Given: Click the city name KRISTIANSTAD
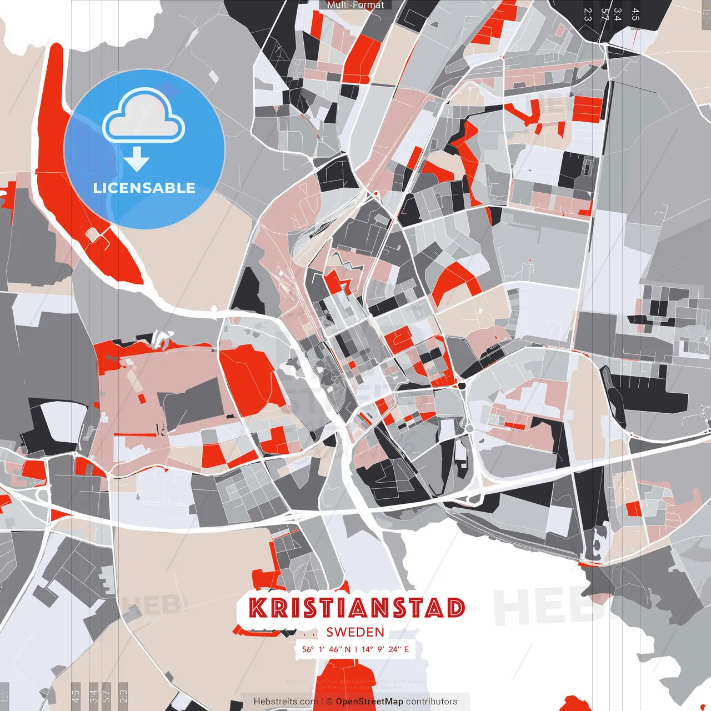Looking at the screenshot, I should [356, 608].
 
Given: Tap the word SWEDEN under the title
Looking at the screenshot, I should [355, 632].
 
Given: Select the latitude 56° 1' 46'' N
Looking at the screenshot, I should [326, 649].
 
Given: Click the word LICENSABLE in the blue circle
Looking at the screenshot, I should [144, 188].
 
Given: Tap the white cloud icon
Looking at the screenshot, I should [144, 118].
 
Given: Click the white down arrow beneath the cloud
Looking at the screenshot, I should [137, 159].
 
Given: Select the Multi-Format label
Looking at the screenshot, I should [355, 5].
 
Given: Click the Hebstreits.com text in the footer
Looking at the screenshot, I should [286, 702].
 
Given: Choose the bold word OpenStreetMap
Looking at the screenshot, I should [369, 702].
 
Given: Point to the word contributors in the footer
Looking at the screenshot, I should [432, 702].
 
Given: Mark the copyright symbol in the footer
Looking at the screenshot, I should [329, 702].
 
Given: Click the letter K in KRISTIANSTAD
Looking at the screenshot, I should [258, 608].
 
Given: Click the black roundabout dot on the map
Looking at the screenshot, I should [462, 385].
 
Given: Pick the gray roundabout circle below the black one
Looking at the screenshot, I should [469, 428].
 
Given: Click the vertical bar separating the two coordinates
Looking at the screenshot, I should [355, 649].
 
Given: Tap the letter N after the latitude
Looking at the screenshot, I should [348, 649].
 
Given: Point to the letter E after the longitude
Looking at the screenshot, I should [407, 649].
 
